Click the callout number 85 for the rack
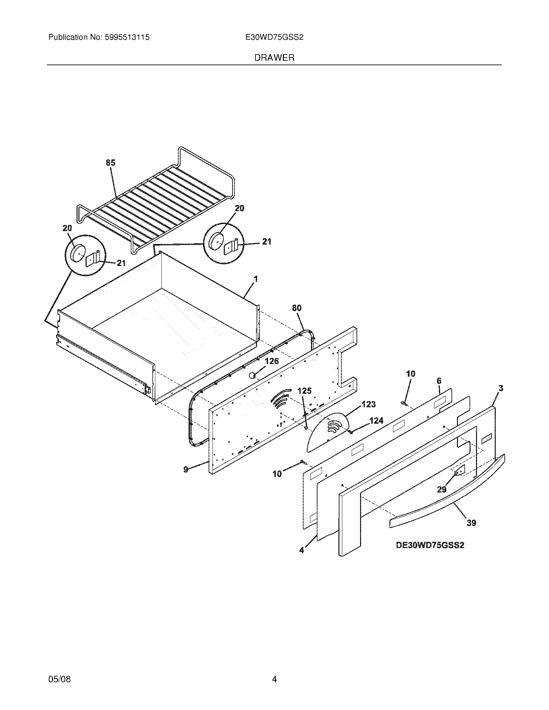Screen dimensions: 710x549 pos(110,163)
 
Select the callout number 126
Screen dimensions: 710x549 pos(272,361)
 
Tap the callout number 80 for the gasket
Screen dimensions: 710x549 pos(296,308)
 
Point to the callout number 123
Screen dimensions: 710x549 pos(368,404)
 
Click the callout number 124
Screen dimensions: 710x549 pos(376,421)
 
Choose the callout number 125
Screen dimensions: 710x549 pos(305,391)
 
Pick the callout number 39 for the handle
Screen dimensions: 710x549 pos(471,523)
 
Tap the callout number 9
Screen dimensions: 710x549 pos(186,470)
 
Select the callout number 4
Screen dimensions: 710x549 pos(302,550)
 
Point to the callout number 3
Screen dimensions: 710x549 pos(501,388)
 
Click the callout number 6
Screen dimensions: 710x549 pos(439,381)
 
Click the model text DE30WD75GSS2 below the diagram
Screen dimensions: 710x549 pos(430,545)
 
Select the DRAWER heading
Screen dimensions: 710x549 pos(274,58)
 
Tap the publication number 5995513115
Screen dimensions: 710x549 pos(127,37)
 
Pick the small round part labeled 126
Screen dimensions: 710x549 pos(252,376)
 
